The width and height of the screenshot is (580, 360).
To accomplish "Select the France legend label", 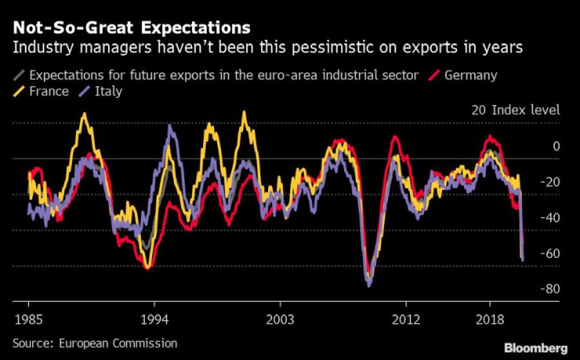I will (x=49, y=92).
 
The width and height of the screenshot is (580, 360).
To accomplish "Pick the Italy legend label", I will (x=109, y=92).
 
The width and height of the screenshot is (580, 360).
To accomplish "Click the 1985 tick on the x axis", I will (x=28, y=320).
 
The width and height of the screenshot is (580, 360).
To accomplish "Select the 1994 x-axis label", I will (x=154, y=320).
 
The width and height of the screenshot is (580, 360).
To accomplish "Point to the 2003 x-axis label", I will (x=280, y=320).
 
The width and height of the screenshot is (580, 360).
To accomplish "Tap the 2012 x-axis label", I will (x=406, y=320).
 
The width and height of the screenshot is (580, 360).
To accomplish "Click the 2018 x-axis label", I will (x=490, y=320).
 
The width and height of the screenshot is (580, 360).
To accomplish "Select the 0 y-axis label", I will (x=556, y=146).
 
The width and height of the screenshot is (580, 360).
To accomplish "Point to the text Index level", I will (x=526, y=110).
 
